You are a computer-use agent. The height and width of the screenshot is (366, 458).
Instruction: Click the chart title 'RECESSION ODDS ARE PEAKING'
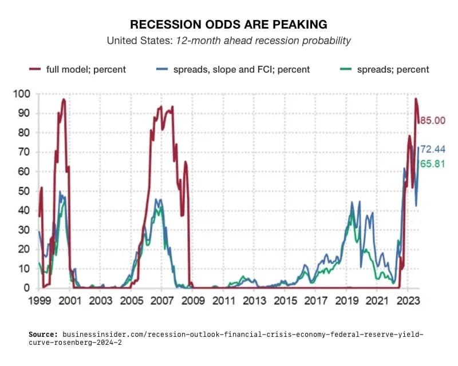coord(228,25)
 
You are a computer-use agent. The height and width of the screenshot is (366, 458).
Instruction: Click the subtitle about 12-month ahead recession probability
coord(228,41)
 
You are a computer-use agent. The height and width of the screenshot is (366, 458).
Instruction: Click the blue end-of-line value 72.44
coord(433,149)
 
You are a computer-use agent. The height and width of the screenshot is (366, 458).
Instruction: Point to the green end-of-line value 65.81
coord(433,164)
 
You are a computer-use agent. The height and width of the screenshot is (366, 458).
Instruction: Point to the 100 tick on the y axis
coord(21,93)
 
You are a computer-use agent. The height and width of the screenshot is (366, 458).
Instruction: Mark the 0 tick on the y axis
coord(26,288)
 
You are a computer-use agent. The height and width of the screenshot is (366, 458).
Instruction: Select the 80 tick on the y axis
coord(23,132)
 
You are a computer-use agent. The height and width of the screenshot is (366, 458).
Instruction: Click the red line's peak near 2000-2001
coord(64,100)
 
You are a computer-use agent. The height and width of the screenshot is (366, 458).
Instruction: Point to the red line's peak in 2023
coord(416,99)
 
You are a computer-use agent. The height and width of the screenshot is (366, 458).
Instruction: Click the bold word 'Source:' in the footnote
coord(44,333)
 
